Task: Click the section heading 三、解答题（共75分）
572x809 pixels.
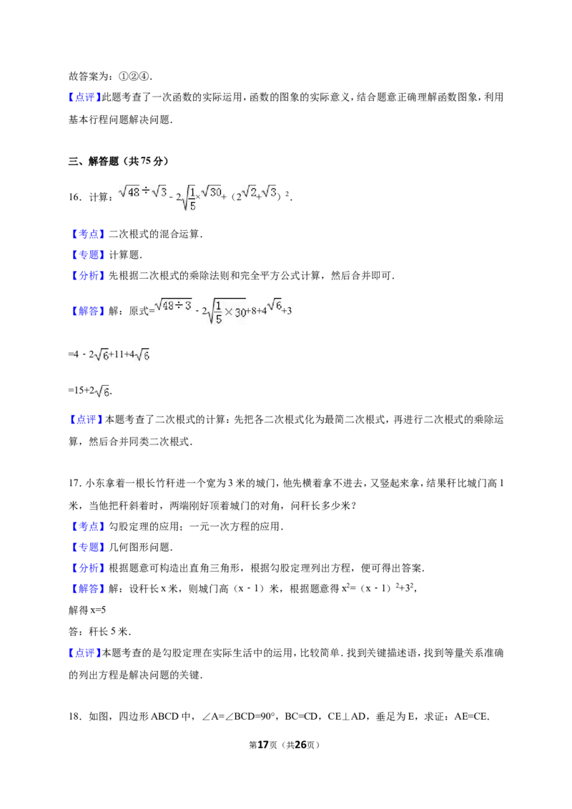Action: coord(119,161)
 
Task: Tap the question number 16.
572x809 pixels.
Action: coord(74,197)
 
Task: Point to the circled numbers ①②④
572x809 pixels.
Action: coord(134,76)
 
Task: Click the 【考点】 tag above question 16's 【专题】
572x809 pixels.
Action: coord(88,234)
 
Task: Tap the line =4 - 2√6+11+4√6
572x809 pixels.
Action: coord(109,355)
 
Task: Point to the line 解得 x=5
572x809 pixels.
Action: coord(87,610)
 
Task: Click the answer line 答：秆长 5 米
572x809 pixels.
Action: coord(99,632)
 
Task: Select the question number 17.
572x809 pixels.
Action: coord(74,483)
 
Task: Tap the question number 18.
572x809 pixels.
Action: coord(74,716)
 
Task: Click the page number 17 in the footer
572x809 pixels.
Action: coord(263,745)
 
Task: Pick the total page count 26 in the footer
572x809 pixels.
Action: coord(300,745)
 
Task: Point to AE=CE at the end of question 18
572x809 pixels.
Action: coord(470,716)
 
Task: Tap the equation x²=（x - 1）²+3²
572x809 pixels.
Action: coord(378,588)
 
